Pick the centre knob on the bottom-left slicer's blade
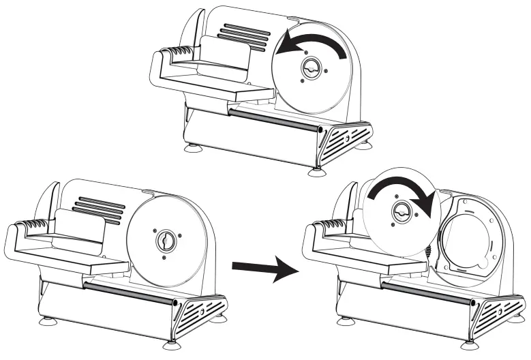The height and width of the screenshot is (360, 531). (x=166, y=241)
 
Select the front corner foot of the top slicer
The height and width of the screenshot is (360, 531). (x=316, y=171)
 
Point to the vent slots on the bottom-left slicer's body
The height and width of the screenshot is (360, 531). (x=102, y=209)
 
